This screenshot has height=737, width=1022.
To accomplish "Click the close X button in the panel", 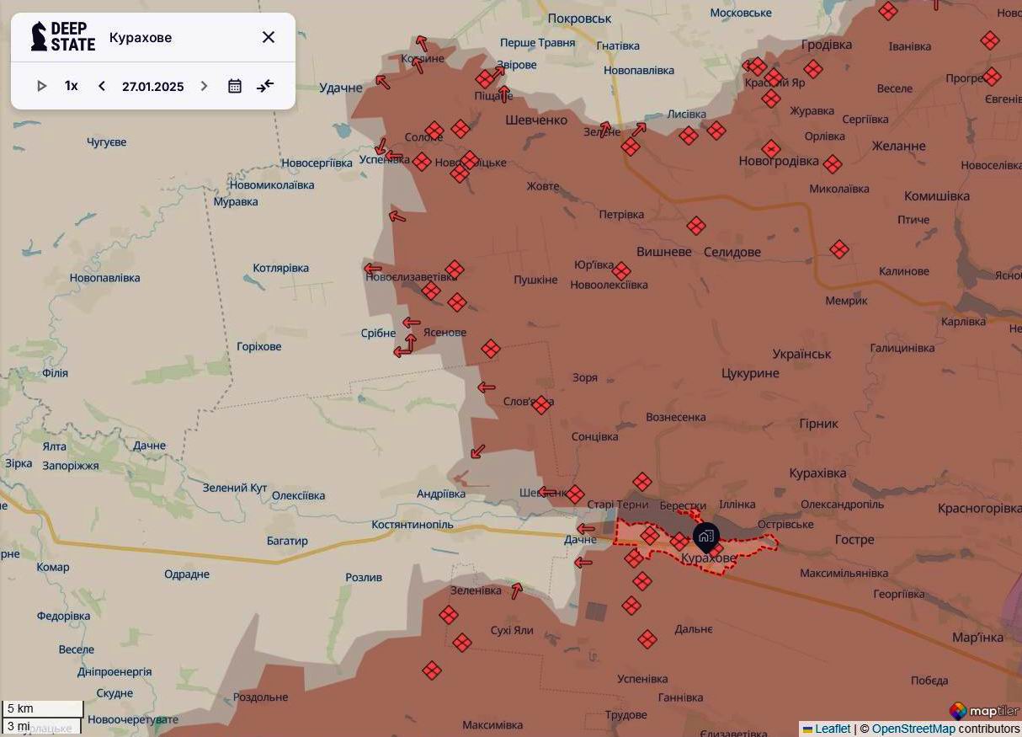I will pyautogui.click(x=269, y=37).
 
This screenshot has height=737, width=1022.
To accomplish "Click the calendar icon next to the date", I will pyautogui.click(x=235, y=86).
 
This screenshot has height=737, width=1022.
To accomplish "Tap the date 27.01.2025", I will pyautogui.click(x=152, y=87).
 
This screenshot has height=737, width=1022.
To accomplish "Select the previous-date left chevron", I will pyautogui.click(x=102, y=86).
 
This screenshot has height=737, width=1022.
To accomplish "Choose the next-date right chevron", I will pyautogui.click(x=204, y=86).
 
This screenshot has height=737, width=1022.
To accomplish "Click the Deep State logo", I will pyautogui.click(x=62, y=37).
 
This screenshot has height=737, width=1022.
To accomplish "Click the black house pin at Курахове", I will pyautogui.click(x=705, y=537).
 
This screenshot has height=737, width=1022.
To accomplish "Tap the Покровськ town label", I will pyautogui.click(x=579, y=19).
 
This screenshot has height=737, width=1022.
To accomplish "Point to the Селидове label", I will pyautogui.click(x=732, y=252).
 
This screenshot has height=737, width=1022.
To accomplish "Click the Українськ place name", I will pyautogui.click(x=801, y=354).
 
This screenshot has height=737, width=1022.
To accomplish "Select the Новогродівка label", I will pyautogui.click(x=778, y=161).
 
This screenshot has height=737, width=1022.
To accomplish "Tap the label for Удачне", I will pyautogui.click(x=341, y=88).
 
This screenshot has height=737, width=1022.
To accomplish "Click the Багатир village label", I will pyautogui.click(x=287, y=541).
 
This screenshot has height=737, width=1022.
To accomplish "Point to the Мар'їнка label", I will pyautogui.click(x=977, y=638).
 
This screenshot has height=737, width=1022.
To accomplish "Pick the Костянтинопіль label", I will pyautogui.click(x=413, y=525).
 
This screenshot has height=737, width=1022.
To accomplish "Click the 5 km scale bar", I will pyautogui.click(x=42, y=709).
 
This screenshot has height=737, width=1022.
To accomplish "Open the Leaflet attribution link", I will pyautogui.click(x=832, y=729).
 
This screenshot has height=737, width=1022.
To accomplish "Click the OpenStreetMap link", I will pyautogui.click(x=913, y=729).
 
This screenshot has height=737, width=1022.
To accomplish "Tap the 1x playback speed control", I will pyautogui.click(x=72, y=86).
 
